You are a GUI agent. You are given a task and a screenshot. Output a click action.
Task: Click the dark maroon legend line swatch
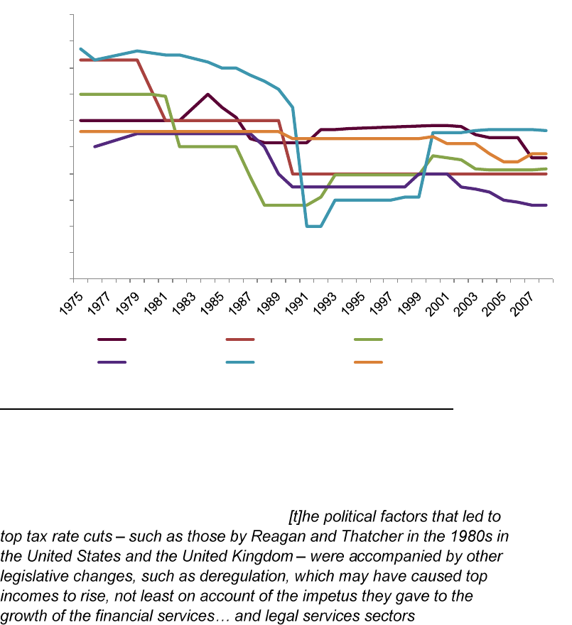pos(112,339)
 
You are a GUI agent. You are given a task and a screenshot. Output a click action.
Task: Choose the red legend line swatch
pos(240,339)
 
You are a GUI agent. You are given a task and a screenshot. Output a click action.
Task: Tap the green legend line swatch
pos(368,339)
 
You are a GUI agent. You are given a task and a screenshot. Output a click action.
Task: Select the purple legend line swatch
pos(112,362)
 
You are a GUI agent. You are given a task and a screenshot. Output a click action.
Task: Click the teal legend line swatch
pos(240,362)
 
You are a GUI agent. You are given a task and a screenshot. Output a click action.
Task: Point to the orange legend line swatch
pos(368,362)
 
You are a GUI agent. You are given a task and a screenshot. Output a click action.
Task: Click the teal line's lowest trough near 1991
pos(314,226)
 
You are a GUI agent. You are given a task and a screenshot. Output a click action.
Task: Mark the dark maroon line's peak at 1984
pos(207,94)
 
